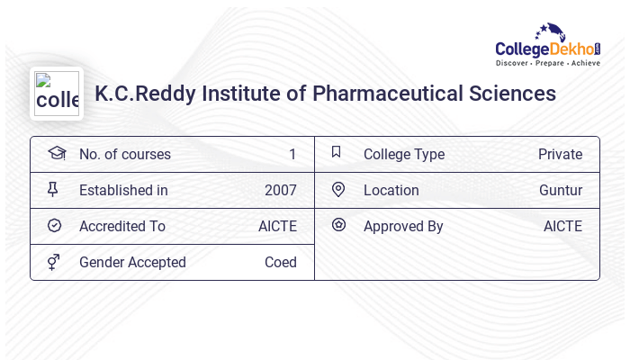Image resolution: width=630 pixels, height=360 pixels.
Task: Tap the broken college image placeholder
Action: [x=57, y=94]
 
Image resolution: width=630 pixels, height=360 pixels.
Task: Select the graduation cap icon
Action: [x=57, y=154]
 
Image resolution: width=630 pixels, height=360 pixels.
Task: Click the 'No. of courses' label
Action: [x=124, y=155]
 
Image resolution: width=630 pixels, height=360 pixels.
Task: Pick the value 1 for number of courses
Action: [x=292, y=155]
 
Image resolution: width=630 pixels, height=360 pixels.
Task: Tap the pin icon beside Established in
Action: [x=53, y=190]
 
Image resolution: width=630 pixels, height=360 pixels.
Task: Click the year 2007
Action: [x=280, y=191]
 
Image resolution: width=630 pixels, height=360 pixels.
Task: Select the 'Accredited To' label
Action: [x=121, y=227]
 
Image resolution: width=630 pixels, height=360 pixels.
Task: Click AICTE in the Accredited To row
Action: [x=277, y=227]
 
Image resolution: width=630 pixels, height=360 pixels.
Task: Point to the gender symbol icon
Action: [x=54, y=262]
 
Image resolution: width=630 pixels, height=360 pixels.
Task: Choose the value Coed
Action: [x=280, y=263]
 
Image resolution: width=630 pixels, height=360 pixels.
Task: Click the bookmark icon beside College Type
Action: [x=337, y=153]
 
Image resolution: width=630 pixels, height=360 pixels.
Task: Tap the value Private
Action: [x=560, y=155]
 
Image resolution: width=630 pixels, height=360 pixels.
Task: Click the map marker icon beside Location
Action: [x=338, y=190]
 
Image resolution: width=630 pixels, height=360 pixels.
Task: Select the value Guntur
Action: [x=560, y=191]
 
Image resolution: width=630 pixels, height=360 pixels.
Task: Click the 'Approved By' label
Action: [x=403, y=227]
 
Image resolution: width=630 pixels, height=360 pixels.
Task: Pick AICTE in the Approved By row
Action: [x=562, y=227]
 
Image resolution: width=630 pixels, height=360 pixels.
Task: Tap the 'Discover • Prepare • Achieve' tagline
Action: [x=548, y=63]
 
